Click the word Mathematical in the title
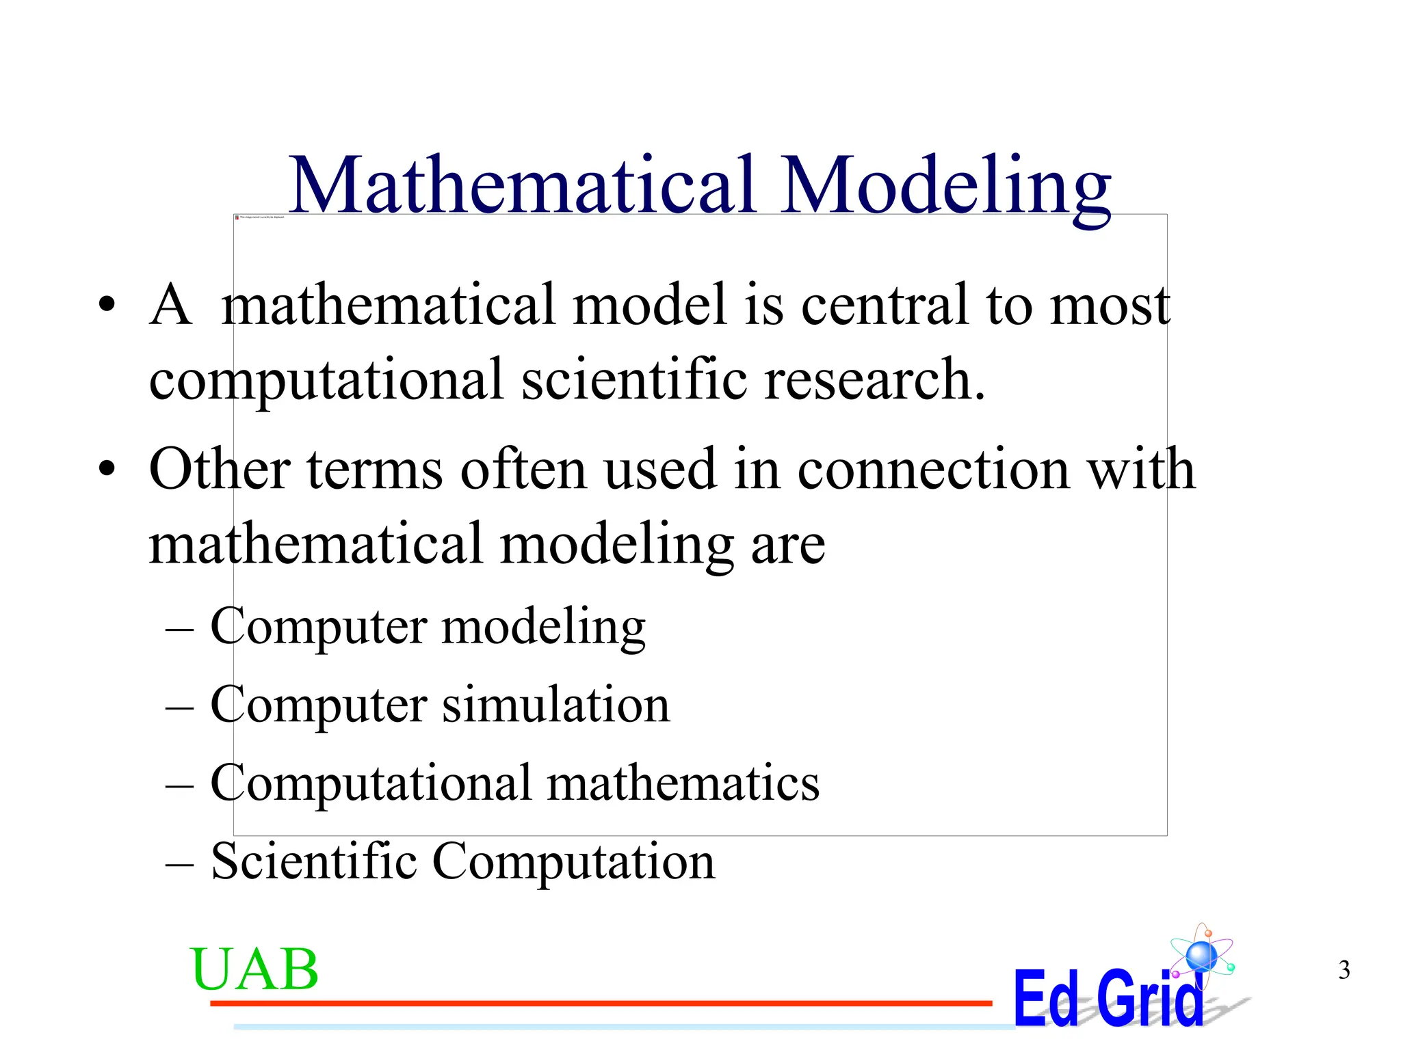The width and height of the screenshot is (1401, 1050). click(x=523, y=185)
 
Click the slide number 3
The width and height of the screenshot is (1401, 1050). click(x=1344, y=970)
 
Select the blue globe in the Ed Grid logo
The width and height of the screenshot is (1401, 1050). click(x=1201, y=956)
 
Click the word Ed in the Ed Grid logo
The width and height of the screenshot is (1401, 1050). click(x=1046, y=999)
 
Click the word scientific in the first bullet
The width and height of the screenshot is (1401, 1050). click(x=634, y=379)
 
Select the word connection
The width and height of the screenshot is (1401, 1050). click(x=933, y=470)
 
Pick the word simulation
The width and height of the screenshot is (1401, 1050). click(x=555, y=705)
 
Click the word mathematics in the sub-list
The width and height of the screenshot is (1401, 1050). click(x=683, y=783)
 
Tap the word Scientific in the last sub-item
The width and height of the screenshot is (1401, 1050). click(x=314, y=861)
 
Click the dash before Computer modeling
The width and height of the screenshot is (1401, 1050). click(x=180, y=628)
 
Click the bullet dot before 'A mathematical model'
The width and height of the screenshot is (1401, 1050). click(x=107, y=306)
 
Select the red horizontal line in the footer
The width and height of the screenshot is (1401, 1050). click(x=601, y=1003)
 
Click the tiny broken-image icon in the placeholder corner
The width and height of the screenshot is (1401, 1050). click(x=237, y=217)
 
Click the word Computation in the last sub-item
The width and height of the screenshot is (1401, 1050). click(x=573, y=863)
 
